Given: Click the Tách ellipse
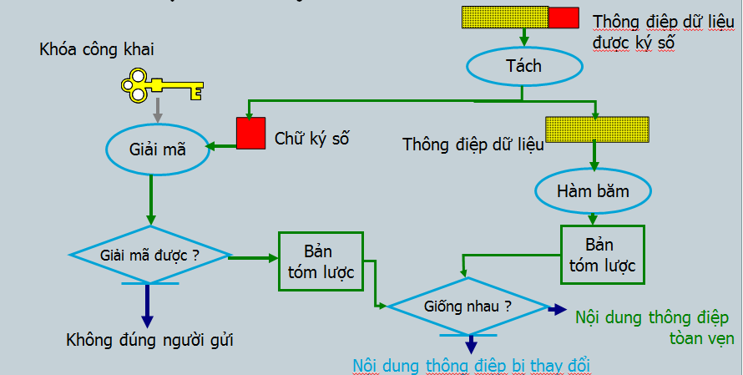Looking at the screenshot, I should click(x=523, y=66).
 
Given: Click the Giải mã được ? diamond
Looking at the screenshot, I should click(x=150, y=255).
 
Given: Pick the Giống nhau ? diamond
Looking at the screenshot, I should click(x=468, y=306).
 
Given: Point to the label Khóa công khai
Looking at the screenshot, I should click(x=96, y=49).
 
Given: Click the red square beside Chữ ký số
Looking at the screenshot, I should click(x=250, y=134).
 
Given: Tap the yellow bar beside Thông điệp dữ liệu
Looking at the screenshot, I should click(x=597, y=129).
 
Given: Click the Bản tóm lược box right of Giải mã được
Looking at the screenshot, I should click(x=321, y=261).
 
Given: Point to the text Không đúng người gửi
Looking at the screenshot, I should click(x=149, y=340).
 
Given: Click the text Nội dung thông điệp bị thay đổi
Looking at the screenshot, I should click(x=476, y=365).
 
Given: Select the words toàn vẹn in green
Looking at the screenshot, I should click(x=701, y=338).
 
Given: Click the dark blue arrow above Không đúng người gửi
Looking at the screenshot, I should click(x=148, y=305).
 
